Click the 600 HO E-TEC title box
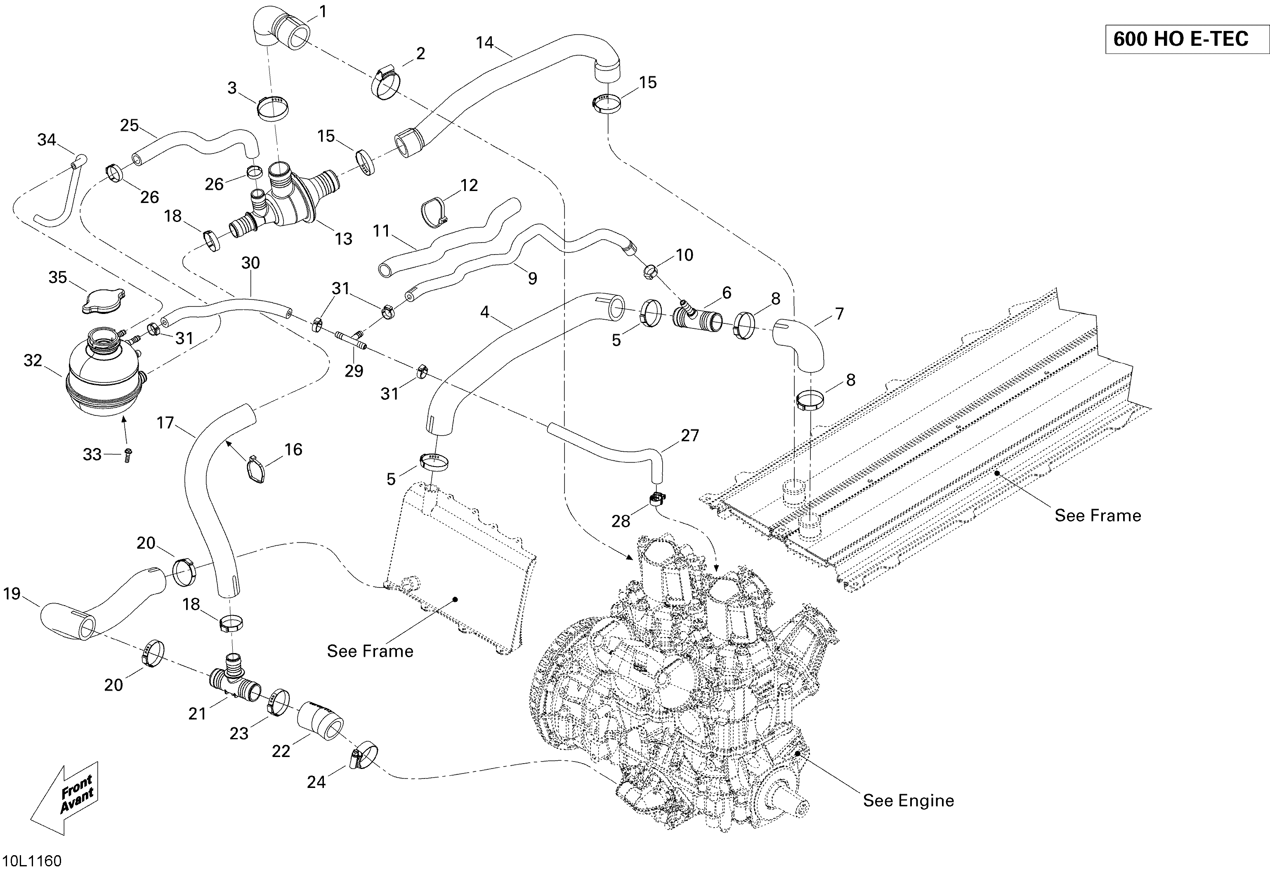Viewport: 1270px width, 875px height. click(1187, 39)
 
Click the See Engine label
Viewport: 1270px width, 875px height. click(908, 800)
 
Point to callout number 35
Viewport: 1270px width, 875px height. click(58, 277)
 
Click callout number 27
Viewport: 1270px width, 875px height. click(690, 435)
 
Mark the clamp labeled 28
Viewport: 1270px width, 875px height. click(656, 498)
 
